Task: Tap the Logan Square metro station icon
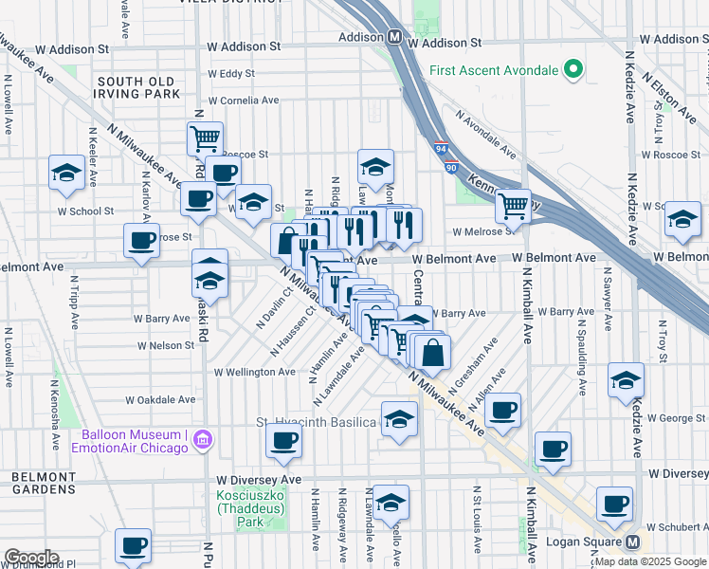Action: [633, 543]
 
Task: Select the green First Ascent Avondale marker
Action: [572, 69]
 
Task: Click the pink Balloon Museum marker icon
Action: [201, 440]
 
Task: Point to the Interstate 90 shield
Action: [449, 166]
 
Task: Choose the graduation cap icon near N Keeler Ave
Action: [66, 173]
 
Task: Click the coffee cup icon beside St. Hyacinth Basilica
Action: [283, 439]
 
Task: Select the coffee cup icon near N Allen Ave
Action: [503, 410]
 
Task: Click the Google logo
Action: [31, 558]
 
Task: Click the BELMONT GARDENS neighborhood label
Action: [43, 483]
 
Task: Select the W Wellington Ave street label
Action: [255, 373]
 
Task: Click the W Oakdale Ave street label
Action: [165, 400]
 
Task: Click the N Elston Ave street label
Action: [662, 90]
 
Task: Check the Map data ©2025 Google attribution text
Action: [650, 561]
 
